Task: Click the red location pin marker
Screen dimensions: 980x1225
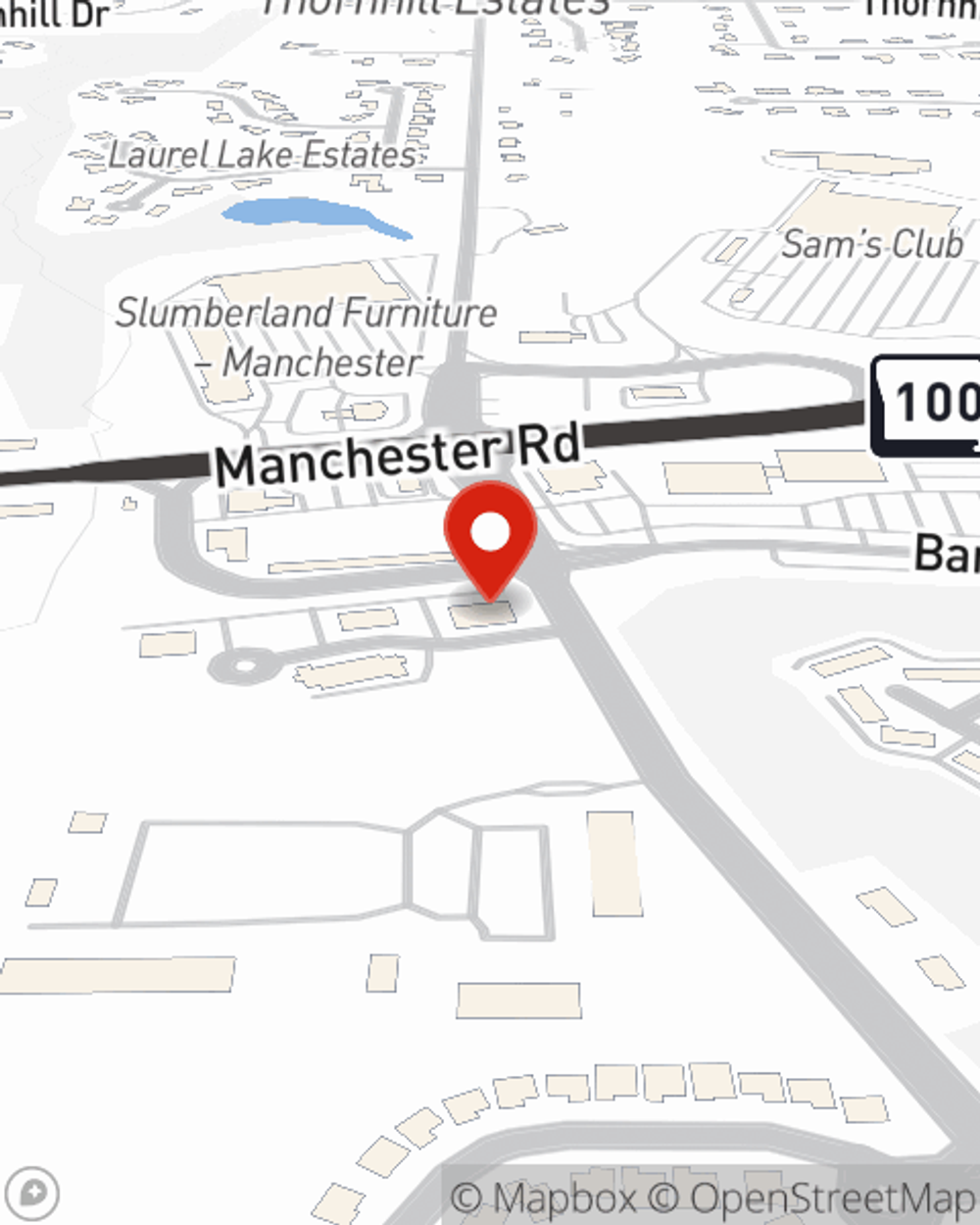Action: click(x=490, y=539)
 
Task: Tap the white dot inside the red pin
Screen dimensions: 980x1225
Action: click(x=491, y=533)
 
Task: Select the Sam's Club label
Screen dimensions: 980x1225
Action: click(x=871, y=244)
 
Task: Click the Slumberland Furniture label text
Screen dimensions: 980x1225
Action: click(x=306, y=314)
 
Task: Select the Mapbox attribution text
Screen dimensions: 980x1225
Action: click(x=544, y=1198)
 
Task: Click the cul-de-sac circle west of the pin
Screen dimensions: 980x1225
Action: click(x=240, y=666)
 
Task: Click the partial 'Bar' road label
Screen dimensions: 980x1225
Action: click(x=946, y=555)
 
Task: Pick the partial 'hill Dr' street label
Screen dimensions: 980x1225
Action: click(x=54, y=14)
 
